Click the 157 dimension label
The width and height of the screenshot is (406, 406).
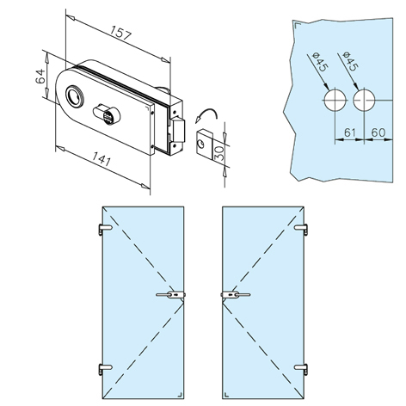tap(121, 33)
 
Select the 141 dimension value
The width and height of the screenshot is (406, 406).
tap(101, 158)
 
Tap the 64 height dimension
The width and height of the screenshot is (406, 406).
tap(40, 76)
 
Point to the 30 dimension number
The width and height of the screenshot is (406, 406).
tap(219, 152)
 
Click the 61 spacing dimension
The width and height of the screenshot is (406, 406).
tap(350, 132)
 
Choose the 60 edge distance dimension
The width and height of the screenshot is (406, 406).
tap(378, 132)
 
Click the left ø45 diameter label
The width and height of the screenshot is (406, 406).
tap(319, 62)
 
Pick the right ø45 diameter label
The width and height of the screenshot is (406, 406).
tap(350, 62)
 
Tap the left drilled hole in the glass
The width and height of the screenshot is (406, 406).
tap(335, 101)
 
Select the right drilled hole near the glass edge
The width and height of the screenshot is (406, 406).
tap(364, 101)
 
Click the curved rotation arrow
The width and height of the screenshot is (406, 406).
tap(206, 115)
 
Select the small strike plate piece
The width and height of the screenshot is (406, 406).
tap(205, 143)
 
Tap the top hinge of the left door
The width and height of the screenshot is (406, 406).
tap(105, 229)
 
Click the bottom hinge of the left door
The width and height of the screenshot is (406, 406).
tap(105, 368)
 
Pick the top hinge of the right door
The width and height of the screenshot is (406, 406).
tap(301, 229)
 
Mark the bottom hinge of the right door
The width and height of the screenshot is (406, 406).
tap(301, 368)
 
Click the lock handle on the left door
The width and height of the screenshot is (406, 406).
tap(171, 294)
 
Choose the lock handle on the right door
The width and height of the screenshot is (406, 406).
tap(236, 294)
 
